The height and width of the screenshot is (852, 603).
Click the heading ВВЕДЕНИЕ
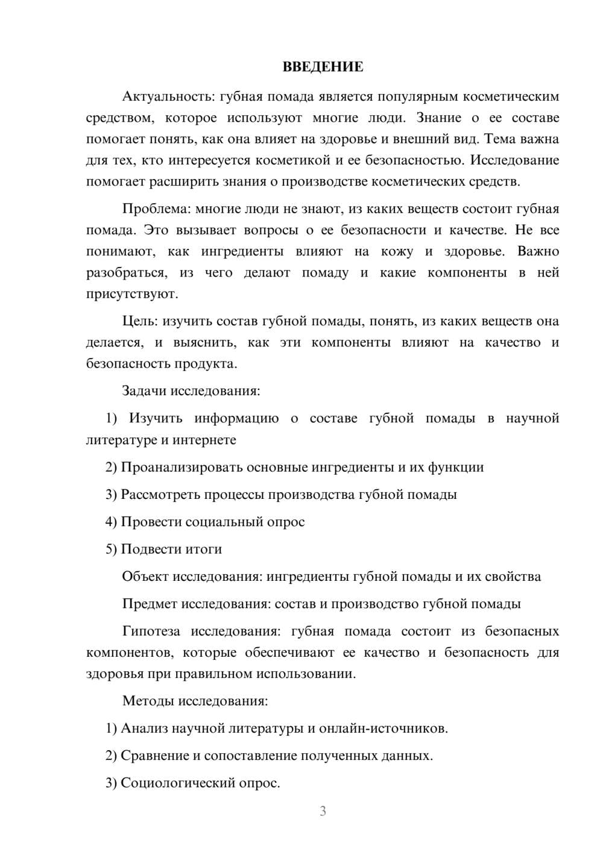[323, 67]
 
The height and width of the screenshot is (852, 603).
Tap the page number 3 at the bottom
[323, 811]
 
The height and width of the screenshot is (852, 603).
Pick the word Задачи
[144, 390]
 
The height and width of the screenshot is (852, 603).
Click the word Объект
[145, 577]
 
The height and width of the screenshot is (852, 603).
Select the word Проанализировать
[182, 467]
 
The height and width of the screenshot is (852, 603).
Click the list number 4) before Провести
[111, 522]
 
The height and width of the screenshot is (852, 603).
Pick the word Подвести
[148, 549]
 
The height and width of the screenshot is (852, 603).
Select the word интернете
[204, 440]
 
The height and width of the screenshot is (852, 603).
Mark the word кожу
[397, 251]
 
